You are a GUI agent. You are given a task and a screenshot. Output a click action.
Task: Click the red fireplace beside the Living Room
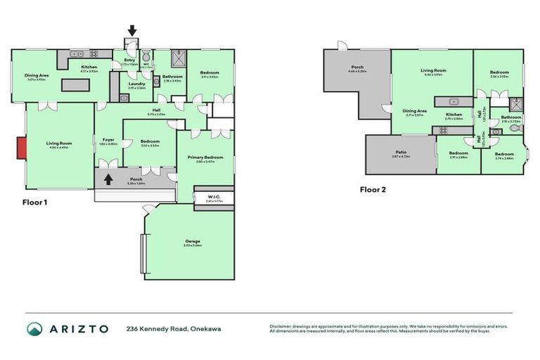click(22, 148)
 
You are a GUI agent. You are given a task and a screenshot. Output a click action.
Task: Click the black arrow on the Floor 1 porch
click(108, 179)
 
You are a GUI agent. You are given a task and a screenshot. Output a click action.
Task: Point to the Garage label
click(188, 241)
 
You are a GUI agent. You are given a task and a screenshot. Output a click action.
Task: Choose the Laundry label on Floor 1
click(136, 84)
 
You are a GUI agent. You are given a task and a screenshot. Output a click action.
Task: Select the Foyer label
click(108, 140)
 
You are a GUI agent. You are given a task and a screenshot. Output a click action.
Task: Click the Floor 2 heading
click(372, 189)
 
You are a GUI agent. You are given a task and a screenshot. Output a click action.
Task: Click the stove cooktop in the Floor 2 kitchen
click(444, 131)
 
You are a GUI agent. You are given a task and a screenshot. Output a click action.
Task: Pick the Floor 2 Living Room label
click(433, 70)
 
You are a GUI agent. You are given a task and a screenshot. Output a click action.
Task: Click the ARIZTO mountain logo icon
click(35, 328)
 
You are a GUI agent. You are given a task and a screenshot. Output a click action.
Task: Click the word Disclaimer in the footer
click(281, 325)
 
